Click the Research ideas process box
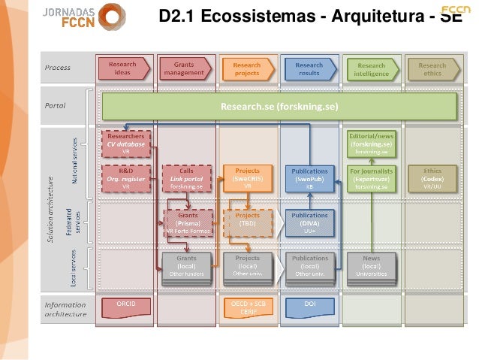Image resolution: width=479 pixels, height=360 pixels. coord(122,68)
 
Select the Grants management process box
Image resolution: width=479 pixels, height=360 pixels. coord(184,68)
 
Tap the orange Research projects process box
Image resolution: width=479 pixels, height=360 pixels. coord(246,68)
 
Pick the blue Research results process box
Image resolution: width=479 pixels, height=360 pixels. coord(308,68)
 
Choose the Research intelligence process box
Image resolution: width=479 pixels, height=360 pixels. coord(371,68)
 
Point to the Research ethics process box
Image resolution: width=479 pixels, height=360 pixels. coord(432,68)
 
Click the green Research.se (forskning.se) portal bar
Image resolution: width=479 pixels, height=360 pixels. coord(279,106)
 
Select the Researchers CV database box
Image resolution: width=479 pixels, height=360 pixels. coord(125,142)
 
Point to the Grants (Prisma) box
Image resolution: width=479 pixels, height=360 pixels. coord(186,222)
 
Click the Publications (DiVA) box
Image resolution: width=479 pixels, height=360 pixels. coord(309,222)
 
